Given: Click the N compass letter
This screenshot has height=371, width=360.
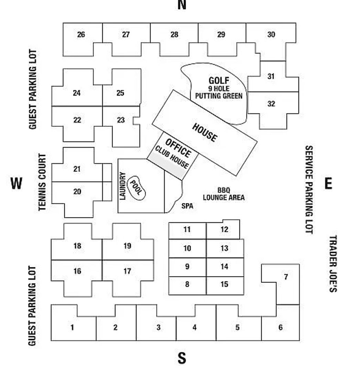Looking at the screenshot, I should click(x=182, y=4).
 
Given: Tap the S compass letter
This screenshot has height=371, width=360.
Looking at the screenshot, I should click(x=182, y=358).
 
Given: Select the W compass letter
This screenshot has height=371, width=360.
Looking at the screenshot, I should click(x=16, y=183).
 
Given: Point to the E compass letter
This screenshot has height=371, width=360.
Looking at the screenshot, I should click(x=328, y=183).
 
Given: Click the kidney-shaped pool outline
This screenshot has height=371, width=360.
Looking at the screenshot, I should click(x=136, y=188).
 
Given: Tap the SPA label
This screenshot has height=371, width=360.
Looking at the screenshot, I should click(x=187, y=206).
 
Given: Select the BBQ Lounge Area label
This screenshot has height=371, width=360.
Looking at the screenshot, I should click(x=223, y=194).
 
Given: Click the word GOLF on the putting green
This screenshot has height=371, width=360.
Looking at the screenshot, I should click(x=219, y=81).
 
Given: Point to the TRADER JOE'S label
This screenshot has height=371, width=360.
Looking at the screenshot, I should click(x=333, y=263).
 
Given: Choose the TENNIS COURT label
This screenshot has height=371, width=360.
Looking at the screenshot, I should click(x=42, y=182).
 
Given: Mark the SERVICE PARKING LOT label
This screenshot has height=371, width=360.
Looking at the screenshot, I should click(x=309, y=190).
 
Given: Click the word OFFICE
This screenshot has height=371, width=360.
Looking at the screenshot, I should click(x=178, y=148).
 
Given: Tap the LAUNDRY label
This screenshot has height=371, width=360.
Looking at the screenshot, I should click(x=123, y=186).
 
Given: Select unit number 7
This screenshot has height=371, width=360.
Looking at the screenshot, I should click(x=286, y=277).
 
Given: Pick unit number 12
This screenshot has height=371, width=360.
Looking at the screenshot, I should click(x=224, y=229).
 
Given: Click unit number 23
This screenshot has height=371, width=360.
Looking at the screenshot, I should click(x=121, y=120).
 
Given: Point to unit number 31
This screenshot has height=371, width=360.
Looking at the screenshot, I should click(x=271, y=76).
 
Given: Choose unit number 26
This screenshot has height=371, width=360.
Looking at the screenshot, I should click(x=81, y=34).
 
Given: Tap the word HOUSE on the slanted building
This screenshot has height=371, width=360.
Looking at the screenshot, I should click(x=205, y=133).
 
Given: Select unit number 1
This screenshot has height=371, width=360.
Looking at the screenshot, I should click(x=72, y=327).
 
